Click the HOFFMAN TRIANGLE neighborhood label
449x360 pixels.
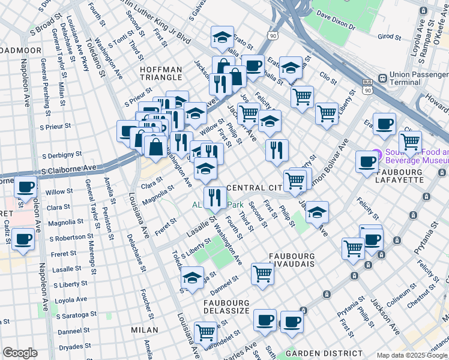tap(160, 73)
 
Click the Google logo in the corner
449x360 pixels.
tap(20, 353)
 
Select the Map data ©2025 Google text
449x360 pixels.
tap(411, 355)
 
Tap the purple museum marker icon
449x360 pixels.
tap(376, 154)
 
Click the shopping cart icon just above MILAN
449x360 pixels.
tap(205, 332)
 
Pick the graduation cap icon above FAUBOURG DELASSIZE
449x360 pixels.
tap(191, 278)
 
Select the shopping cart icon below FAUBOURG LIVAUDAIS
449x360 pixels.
tap(262, 274)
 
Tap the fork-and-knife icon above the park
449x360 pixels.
tap(214, 196)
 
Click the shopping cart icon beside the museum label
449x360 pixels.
tap(410, 142)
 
